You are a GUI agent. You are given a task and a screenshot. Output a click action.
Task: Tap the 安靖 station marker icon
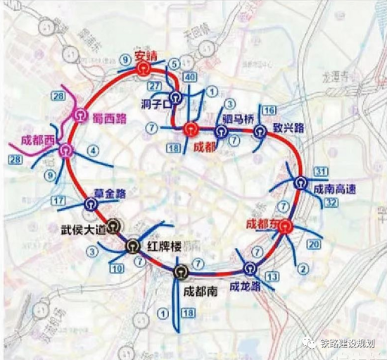coord(144,68)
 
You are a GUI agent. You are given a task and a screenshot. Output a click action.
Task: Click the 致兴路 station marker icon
coord(260,130)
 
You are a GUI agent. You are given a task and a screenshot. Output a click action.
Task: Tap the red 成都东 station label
coord(262,223)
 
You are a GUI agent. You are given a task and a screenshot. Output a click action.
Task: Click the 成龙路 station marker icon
coord(250,268)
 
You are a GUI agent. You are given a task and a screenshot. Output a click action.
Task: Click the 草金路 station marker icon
coord(91,204)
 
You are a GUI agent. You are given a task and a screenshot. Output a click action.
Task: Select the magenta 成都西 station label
coord(38,139)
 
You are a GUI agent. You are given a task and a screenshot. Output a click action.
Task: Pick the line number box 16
coord(269,111)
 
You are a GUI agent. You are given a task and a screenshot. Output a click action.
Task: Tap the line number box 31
coord(322,171)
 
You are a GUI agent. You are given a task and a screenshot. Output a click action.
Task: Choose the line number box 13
coord(272,275)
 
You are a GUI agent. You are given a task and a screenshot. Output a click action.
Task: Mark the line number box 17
coord(59,201)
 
